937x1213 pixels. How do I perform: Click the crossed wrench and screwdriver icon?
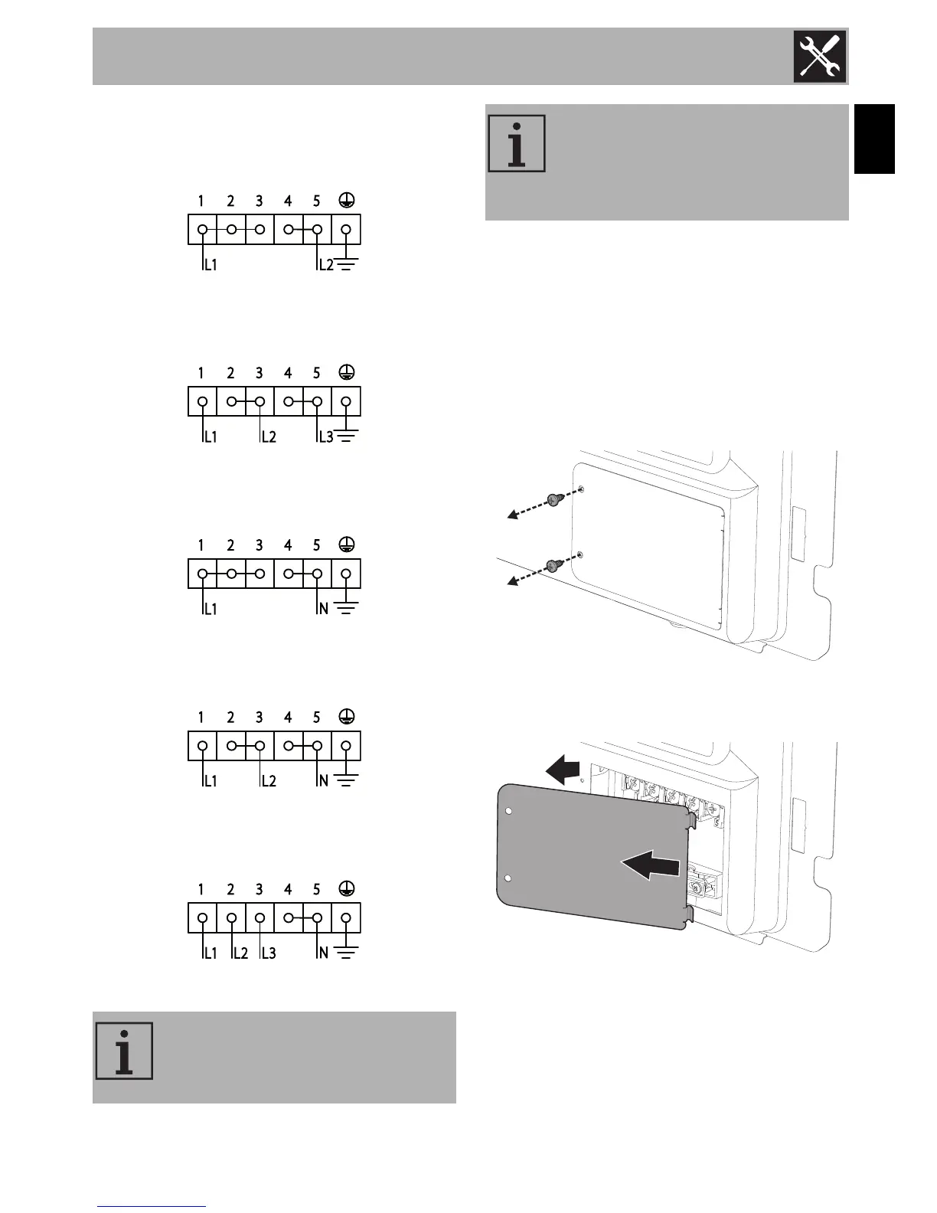820,56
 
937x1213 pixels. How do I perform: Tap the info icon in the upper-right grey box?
517,143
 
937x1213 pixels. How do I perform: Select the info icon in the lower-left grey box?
124,1051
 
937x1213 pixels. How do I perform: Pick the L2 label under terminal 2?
240,953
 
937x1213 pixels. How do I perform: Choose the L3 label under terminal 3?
269,953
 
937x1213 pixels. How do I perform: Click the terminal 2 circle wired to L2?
231,918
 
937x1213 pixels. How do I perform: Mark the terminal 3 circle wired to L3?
260,918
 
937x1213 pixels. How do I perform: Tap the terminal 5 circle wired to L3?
317,401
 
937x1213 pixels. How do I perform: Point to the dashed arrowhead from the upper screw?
511,516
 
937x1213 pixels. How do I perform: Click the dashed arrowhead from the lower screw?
511,582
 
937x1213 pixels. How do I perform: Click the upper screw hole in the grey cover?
511,813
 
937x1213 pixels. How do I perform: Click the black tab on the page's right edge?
874,139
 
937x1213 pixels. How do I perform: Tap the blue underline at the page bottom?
152,1206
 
